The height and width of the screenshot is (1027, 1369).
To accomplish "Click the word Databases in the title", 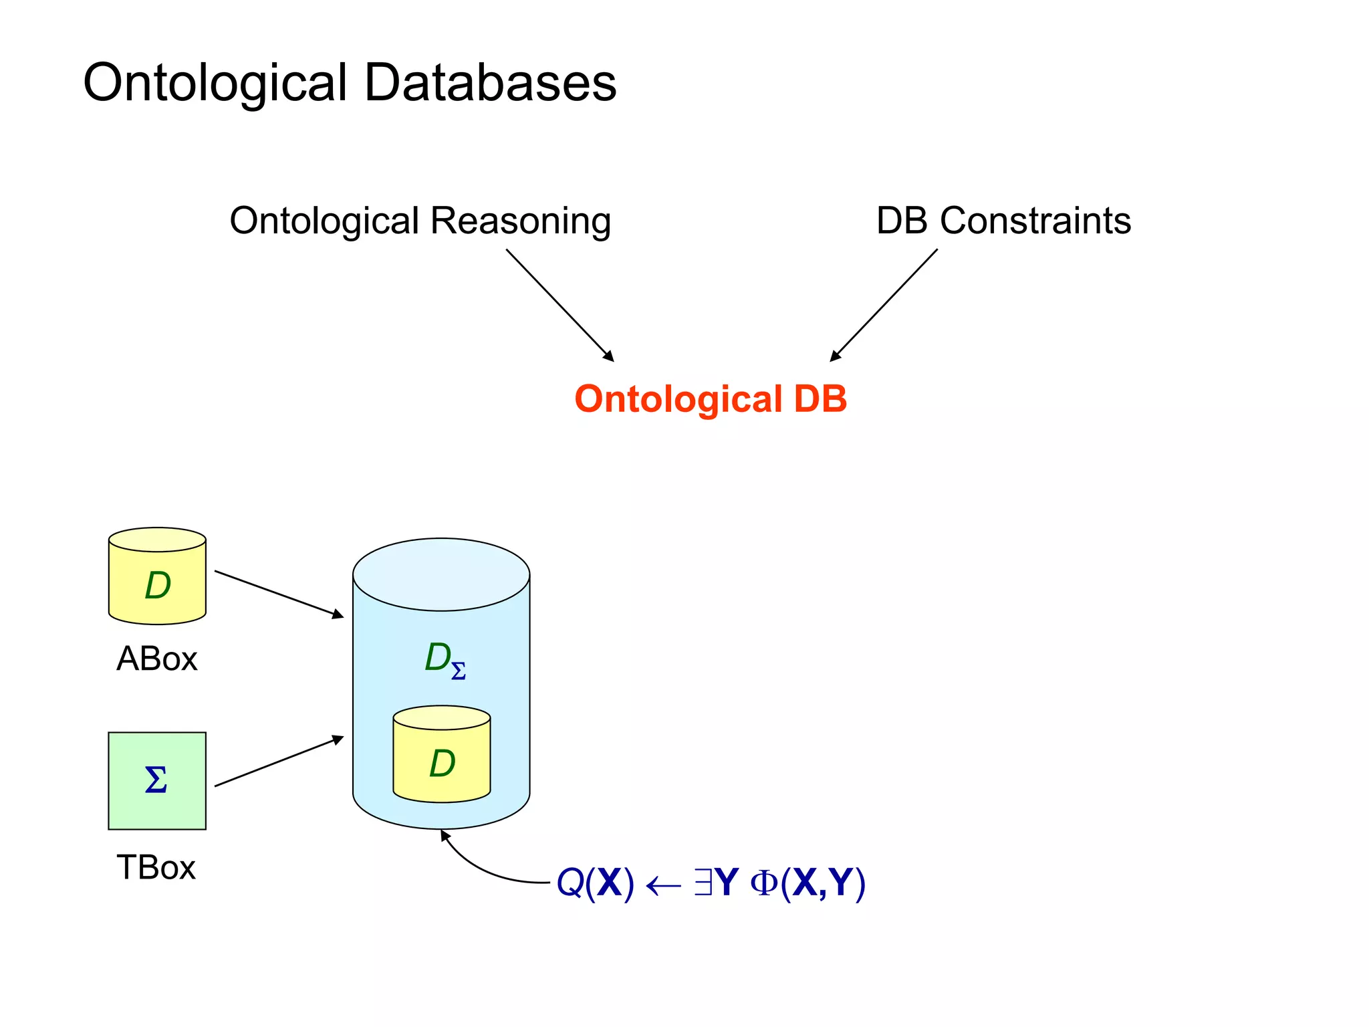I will tap(490, 83).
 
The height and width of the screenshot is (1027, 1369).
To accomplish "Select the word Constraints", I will tap(1035, 221).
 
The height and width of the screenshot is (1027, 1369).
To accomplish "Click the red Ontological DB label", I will tap(711, 399).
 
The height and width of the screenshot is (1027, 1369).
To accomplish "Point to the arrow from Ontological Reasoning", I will tap(559, 305).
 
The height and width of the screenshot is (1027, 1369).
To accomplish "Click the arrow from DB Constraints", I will tap(884, 305).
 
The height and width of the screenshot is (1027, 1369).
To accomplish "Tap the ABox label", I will tap(156, 659).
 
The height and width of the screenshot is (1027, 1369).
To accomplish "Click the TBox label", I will tap(156, 868).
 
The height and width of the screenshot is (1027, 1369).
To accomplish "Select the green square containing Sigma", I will tap(157, 781).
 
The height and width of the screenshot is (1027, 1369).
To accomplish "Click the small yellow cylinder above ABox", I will tap(157, 576).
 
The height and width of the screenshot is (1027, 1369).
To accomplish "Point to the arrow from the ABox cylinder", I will tap(279, 594).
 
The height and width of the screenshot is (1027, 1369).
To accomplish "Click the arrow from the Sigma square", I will tap(279, 762).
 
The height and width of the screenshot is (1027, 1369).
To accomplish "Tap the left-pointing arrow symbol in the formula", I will tap(663, 886).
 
